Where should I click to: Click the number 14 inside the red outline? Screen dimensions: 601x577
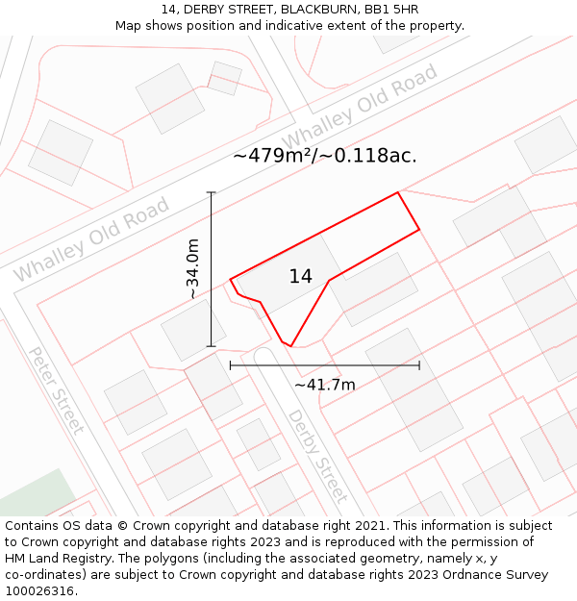300,277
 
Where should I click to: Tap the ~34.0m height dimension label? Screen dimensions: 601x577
192,269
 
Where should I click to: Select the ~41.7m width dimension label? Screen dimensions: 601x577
324,385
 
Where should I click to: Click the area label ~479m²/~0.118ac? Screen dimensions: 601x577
324,156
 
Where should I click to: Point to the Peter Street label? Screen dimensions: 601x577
56,390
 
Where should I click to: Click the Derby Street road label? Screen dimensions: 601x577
316,456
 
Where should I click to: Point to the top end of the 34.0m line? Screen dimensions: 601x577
212,192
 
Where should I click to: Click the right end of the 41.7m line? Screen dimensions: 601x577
419,365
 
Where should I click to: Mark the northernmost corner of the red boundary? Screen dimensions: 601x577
397,192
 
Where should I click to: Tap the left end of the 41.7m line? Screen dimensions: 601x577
231,365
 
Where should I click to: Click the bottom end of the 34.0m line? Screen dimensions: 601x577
212,346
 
